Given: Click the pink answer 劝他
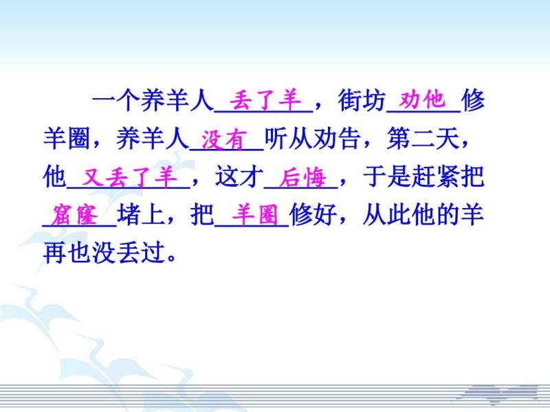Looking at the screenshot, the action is click(x=423, y=100).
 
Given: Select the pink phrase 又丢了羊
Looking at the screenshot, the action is click(x=129, y=176).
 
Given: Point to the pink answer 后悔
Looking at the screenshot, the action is click(x=302, y=178).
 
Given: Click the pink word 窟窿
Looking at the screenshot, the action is click(x=74, y=215).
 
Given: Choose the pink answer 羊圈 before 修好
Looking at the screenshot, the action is click(x=255, y=214).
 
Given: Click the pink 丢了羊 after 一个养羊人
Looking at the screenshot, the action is click(x=265, y=100).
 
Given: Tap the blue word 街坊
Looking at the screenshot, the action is click(x=362, y=100).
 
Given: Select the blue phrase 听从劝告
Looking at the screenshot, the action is click(x=313, y=139).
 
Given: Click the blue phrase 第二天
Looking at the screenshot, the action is click(x=423, y=139).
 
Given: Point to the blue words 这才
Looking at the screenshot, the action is click(x=239, y=176).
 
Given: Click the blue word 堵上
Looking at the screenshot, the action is click(x=141, y=214).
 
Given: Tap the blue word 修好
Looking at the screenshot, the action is click(x=313, y=214).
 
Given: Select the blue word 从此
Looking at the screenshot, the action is click(x=386, y=214).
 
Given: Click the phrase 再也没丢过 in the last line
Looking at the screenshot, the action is click(x=104, y=252).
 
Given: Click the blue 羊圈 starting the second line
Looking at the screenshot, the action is click(x=67, y=139).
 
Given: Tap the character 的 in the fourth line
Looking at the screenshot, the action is click(x=448, y=214).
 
